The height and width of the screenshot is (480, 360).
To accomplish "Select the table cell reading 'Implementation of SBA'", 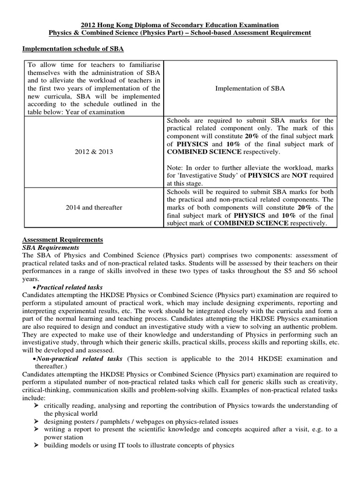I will pyautogui.click(x=250, y=88).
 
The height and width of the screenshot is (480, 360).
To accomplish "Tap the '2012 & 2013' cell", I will pyautogui.click(x=94, y=152).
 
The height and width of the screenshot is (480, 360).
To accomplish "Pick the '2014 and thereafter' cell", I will pyautogui.click(x=94, y=207).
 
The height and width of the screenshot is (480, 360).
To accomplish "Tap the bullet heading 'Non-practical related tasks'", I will pyautogui.click(x=79, y=359).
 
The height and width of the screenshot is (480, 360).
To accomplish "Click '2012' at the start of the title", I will pyautogui.click(x=89, y=24).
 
